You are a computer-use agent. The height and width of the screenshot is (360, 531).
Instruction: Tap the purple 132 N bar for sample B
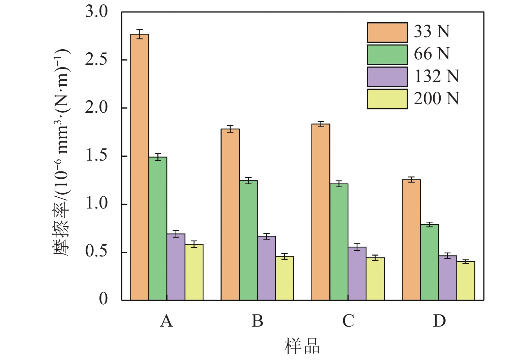pos(266,268)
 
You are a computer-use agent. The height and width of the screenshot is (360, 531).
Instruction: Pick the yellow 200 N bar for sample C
pos(375,279)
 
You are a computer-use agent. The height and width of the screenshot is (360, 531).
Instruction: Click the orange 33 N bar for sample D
pos(411,240)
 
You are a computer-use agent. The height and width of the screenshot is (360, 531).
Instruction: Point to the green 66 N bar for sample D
pos(430,262)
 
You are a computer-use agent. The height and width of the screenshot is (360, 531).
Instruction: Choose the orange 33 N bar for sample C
pos(321,212)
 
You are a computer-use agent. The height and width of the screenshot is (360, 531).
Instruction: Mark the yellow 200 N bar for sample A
pos(194,272)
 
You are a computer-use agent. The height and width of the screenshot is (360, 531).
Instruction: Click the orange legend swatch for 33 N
pos(387,32)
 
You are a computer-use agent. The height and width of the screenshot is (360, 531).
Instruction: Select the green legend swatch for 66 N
pos(387,55)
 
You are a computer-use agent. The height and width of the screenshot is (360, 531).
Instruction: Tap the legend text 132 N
pos(436,76)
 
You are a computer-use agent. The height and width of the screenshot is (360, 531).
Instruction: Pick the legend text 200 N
pos(436,99)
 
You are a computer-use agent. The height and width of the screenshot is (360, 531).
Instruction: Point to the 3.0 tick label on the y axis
pos(96,12)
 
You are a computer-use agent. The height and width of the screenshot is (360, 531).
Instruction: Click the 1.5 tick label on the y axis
pos(96,156)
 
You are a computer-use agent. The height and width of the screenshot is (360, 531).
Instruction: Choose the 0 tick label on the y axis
pos(103,299)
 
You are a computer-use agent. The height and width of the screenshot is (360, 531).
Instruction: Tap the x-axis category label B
pos(257,321)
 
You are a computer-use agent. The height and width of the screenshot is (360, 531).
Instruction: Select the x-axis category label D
pos(439,321)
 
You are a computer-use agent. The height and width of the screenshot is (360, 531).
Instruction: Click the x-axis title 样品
pos(302,347)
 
